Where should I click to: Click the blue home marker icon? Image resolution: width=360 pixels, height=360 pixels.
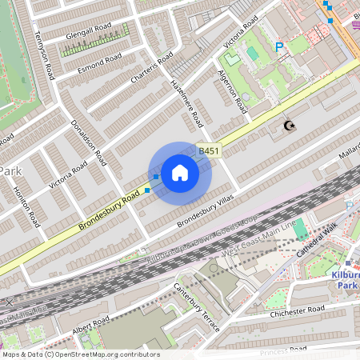click(180, 173)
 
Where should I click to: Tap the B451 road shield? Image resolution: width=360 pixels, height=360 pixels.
click(209, 150)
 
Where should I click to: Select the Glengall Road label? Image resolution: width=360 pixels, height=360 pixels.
click(90, 29)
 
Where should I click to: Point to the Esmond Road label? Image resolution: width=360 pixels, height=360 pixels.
click(99, 61)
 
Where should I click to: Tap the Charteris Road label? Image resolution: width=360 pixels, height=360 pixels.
click(153, 70)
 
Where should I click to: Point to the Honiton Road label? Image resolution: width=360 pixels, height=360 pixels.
click(25, 207)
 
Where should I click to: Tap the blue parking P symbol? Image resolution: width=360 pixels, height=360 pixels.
click(279, 48)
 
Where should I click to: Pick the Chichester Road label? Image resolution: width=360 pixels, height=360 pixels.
click(298, 310)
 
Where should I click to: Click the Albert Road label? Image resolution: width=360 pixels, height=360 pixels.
click(90, 326)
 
